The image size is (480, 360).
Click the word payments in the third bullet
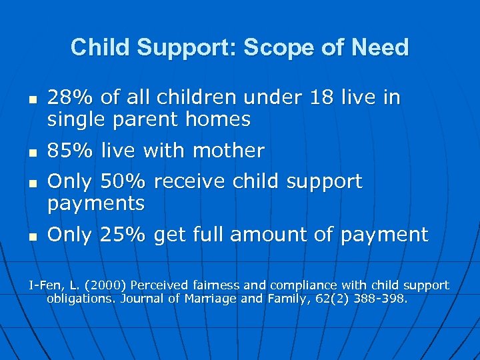(x=96, y=204)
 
